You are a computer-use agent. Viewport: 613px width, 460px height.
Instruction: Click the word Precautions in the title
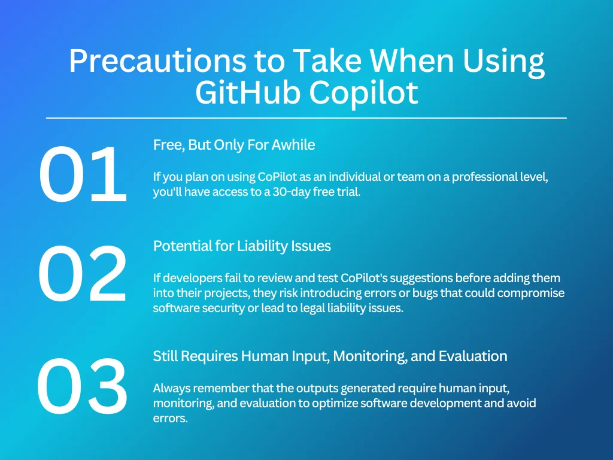pyautogui.click(x=157, y=61)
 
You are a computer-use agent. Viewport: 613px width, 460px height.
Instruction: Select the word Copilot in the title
pyautogui.click(x=364, y=95)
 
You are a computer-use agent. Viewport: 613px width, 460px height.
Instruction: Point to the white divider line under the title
pyautogui.click(x=306, y=117)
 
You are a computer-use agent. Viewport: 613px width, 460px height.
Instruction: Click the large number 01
pyautogui.click(x=83, y=174)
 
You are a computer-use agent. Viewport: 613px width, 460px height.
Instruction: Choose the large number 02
pyautogui.click(x=83, y=274)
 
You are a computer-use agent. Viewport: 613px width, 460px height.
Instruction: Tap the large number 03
pyautogui.click(x=83, y=386)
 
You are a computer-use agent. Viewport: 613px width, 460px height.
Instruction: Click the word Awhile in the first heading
pyautogui.click(x=293, y=145)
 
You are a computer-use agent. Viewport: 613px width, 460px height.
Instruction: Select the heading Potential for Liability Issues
pyautogui.click(x=242, y=246)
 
